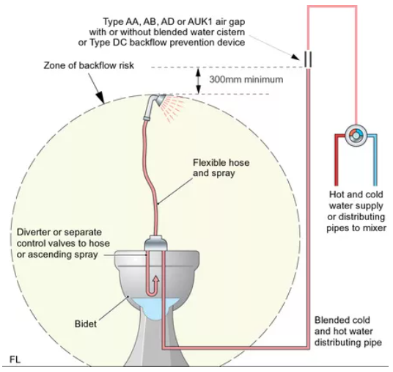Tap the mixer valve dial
pyautogui.click(x=356, y=136)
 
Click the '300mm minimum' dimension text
pyautogui.click(x=246, y=79)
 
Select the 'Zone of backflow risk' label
pyautogui.click(x=89, y=65)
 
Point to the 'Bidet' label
pyautogui.click(x=86, y=324)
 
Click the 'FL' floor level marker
pyautogui.click(x=15, y=360)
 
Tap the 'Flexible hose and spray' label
pyautogui.click(x=221, y=168)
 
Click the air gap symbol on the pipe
pyautogui.click(x=308, y=59)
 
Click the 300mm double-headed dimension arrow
pyautogui.click(x=199, y=81)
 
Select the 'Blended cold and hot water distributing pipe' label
pyautogui.click(x=348, y=331)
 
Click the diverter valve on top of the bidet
pyautogui.click(x=156, y=243)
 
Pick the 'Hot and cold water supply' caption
pyautogui.click(x=356, y=200)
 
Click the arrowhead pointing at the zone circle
pyautogui.click(x=100, y=98)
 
